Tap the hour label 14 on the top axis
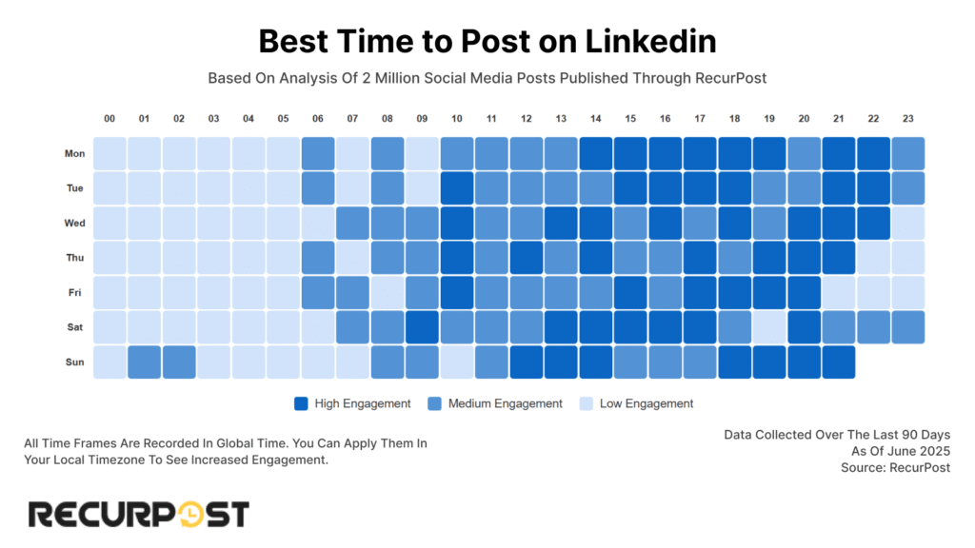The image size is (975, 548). (596, 119)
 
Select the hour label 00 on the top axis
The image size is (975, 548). (109, 119)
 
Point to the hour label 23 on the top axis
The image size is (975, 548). (907, 119)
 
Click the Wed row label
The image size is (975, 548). (74, 224)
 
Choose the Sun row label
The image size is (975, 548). (75, 362)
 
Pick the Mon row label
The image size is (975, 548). (74, 154)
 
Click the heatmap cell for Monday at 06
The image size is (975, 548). (318, 154)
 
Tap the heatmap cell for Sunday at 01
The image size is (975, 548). (145, 362)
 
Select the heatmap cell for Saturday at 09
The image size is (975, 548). (422, 327)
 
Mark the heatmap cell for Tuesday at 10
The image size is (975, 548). (457, 188)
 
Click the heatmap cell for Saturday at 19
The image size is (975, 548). (769, 327)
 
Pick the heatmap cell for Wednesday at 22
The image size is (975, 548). (873, 224)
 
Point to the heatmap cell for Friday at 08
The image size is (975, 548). (388, 293)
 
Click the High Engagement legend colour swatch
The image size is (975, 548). (303, 403)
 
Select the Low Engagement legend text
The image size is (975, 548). (646, 403)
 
